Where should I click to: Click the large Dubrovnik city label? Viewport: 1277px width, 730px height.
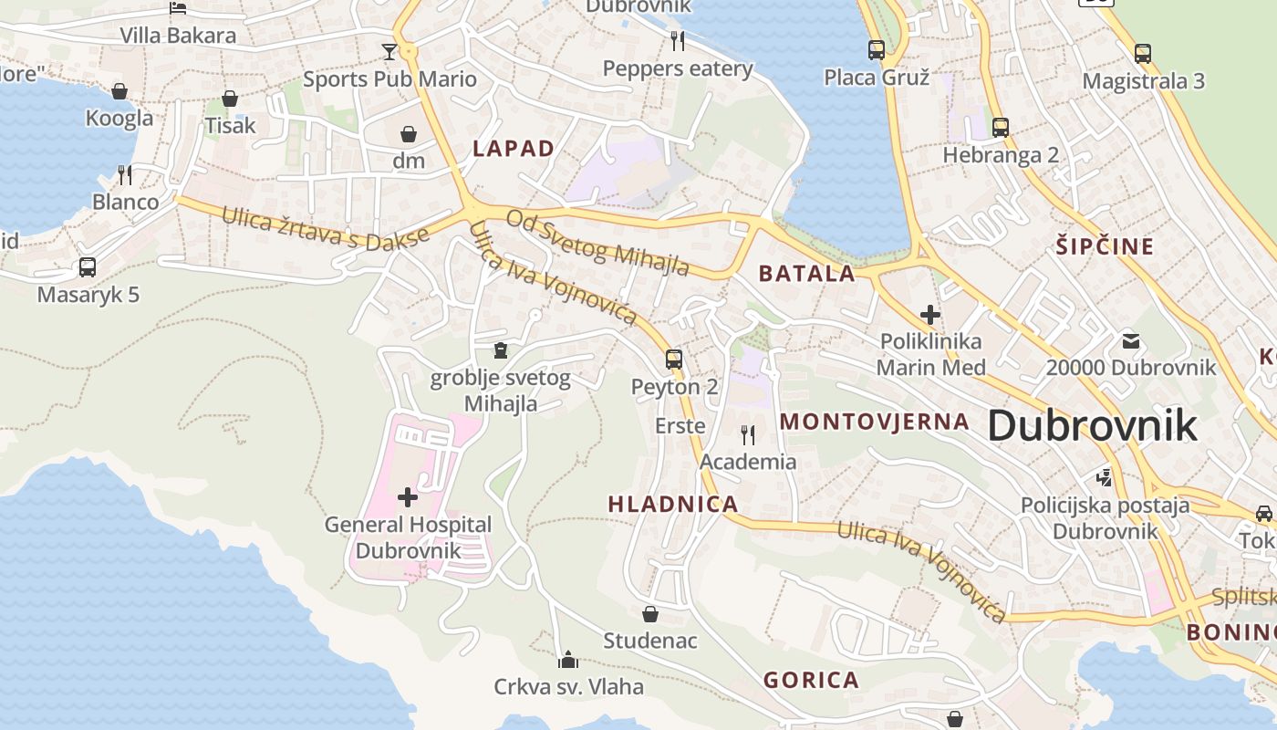click(1092, 426)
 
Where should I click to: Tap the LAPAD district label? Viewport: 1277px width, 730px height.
click(514, 149)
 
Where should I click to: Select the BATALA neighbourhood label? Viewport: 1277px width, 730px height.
click(807, 273)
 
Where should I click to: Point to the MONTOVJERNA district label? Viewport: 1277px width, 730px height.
click(875, 422)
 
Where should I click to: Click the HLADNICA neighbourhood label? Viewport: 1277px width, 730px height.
click(673, 504)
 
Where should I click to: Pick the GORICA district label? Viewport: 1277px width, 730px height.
click(811, 680)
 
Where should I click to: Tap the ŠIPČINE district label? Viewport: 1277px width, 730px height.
click(1105, 246)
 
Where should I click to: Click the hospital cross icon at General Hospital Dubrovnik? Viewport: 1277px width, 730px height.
click(408, 497)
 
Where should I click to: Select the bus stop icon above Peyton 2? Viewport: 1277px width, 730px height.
click(674, 360)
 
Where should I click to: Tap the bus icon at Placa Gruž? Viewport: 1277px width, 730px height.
click(877, 50)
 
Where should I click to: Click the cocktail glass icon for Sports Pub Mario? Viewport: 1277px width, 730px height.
click(389, 51)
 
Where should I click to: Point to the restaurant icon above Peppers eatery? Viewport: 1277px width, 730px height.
click(678, 40)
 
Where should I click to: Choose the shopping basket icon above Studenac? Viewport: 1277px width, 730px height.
click(650, 614)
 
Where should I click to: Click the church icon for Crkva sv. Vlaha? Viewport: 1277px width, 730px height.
click(568, 659)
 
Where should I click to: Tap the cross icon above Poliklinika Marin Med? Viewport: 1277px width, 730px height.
click(930, 316)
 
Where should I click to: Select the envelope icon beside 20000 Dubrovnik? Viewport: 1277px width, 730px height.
click(1131, 342)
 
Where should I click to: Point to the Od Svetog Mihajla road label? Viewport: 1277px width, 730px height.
click(597, 243)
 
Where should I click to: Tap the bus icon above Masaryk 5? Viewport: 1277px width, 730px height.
click(88, 267)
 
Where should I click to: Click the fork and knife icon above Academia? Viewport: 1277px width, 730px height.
click(748, 434)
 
